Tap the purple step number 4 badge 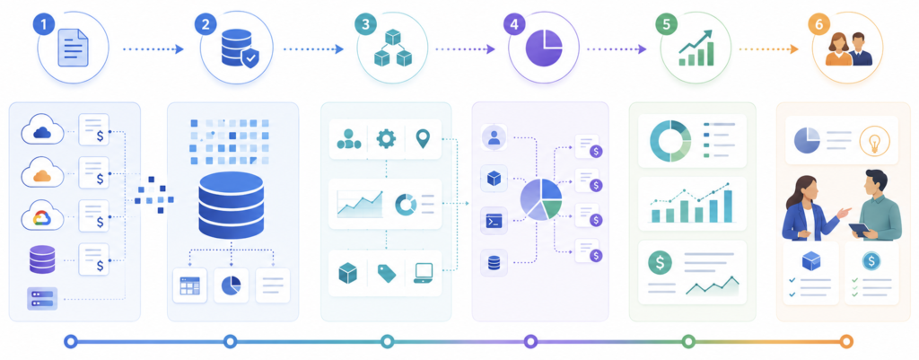pyautogui.click(x=514, y=24)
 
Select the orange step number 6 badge pyautogui.click(x=817, y=24)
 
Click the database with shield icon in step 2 pyautogui.click(x=239, y=49)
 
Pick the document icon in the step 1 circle pyautogui.click(x=73, y=48)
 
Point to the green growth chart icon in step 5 pyautogui.click(x=696, y=48)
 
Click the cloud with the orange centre pyautogui.click(x=43, y=173)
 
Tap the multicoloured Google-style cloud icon pyautogui.click(x=43, y=216)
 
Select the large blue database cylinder pyautogui.click(x=231, y=203)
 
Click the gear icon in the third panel pyautogui.click(x=386, y=139)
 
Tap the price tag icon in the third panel pyautogui.click(x=386, y=273)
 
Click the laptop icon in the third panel pyautogui.click(x=423, y=273)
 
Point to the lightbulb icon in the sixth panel pyautogui.click(x=874, y=141)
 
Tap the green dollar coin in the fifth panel pyautogui.click(x=660, y=262)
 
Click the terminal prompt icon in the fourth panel pyautogui.click(x=494, y=221)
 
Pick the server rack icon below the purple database pyautogui.click(x=42, y=298)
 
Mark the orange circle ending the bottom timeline pyautogui.click(x=845, y=341)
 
